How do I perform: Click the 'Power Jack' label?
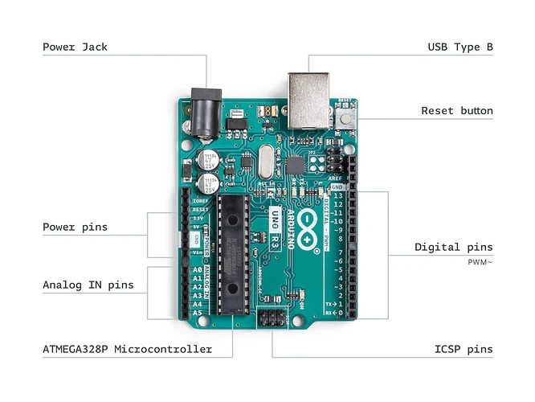(x=75, y=47)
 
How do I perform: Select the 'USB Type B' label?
(x=459, y=47)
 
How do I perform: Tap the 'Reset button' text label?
(x=456, y=111)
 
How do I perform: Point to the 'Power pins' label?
(x=75, y=227)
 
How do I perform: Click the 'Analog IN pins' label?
(x=88, y=285)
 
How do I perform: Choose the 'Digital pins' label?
(x=453, y=247)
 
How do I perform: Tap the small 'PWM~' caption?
(x=480, y=262)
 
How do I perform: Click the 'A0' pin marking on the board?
(x=198, y=271)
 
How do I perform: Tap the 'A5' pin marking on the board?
(x=198, y=314)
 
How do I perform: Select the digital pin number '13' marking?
(x=338, y=195)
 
